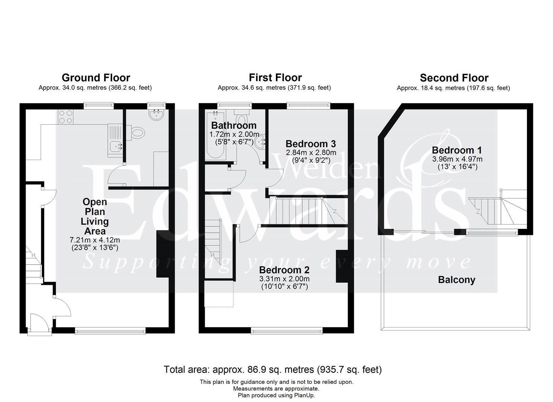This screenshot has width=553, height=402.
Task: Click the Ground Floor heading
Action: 96,78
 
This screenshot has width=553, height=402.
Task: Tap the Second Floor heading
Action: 454,78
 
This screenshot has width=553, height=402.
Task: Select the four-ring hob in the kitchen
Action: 66,117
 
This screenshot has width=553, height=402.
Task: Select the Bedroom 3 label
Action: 311,144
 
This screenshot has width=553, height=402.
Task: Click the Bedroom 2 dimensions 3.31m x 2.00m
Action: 285,279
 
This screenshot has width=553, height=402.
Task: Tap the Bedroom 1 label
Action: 457,150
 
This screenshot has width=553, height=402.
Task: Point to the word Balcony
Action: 457,280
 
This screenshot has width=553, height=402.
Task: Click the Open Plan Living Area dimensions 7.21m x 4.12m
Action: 95,240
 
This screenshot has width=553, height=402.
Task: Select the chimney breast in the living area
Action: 163,254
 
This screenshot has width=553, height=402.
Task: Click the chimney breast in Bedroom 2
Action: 342,266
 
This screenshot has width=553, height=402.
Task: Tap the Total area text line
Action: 273,369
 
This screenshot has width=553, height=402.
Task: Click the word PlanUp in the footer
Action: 304,396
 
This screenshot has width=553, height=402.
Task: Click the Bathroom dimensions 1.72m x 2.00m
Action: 234,134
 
